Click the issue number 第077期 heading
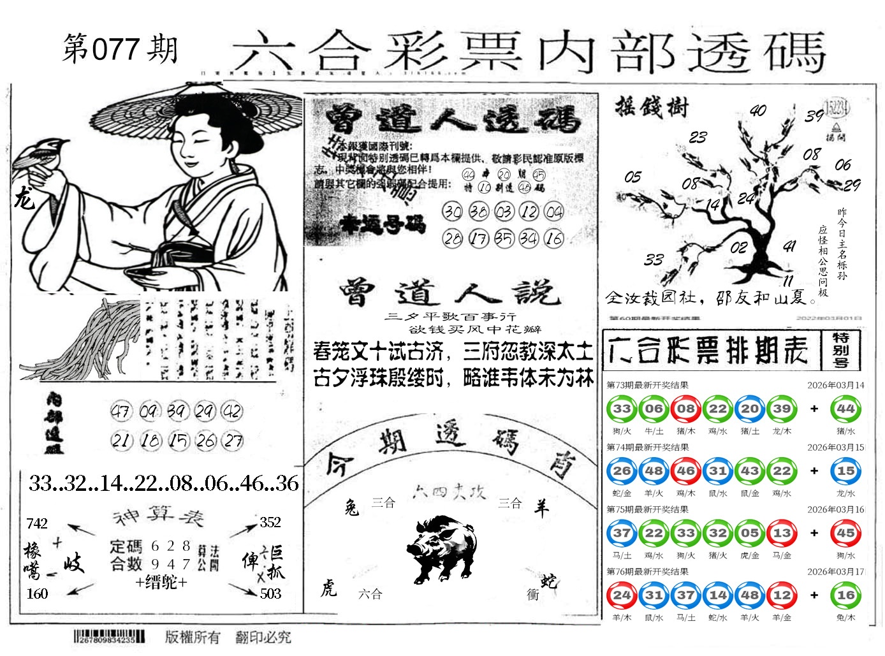click(121, 50)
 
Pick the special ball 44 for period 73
click(845, 409)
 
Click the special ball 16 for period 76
click(845, 595)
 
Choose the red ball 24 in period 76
click(622, 595)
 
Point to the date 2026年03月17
click(835, 572)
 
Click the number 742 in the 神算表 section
click(37, 523)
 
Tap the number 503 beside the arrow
click(270, 594)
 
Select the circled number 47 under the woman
click(121, 411)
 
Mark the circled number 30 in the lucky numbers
click(452, 211)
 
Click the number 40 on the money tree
click(757, 111)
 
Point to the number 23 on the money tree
click(698, 137)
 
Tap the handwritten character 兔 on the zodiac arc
click(351, 507)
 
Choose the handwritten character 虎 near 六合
click(328, 588)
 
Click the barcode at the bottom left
click(109, 636)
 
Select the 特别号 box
click(840, 349)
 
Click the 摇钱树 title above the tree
click(652, 106)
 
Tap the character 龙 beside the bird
click(24, 200)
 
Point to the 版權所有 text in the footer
click(193, 637)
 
